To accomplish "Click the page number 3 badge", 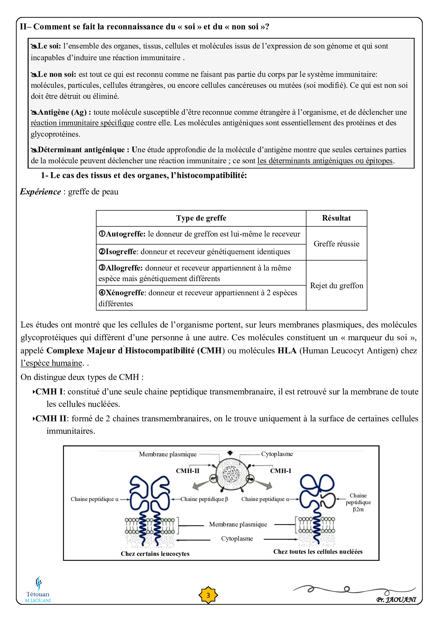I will click(208, 595).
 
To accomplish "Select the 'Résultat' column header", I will click(336, 218).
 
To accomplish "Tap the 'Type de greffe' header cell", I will click(201, 218).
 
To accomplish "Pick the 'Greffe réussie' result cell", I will click(336, 244).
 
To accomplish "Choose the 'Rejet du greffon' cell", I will click(337, 285).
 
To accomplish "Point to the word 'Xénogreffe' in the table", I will click(125, 293).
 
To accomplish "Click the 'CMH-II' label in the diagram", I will click(188, 471).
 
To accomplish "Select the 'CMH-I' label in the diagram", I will click(280, 471).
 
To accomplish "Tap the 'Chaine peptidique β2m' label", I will click(358, 502).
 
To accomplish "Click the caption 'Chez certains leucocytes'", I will click(155, 554).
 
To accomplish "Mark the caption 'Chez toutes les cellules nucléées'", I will click(318, 552).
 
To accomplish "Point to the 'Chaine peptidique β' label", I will click(204, 499).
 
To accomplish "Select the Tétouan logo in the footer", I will click(38, 589).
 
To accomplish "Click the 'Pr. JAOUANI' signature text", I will click(396, 600).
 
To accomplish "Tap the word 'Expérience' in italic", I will click(40, 192).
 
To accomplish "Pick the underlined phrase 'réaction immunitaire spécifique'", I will click(82, 123).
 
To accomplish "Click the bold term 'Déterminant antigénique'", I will click(81, 150).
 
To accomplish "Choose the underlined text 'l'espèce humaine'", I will click(51, 363).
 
